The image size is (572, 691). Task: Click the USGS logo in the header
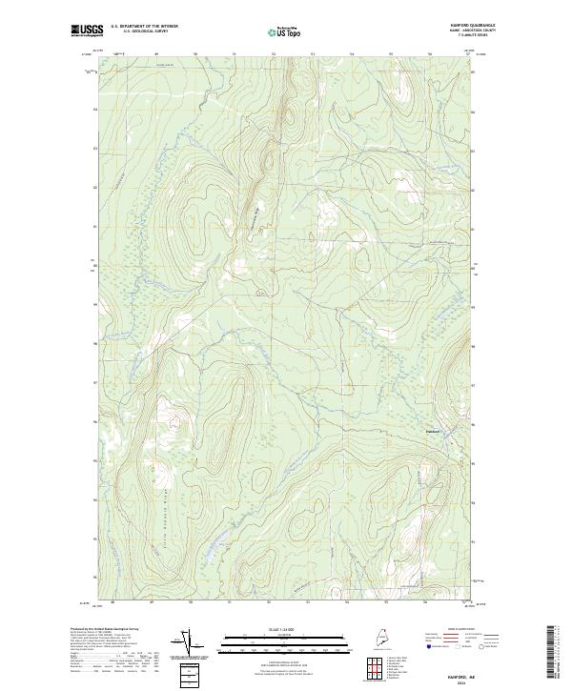[87, 30]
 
